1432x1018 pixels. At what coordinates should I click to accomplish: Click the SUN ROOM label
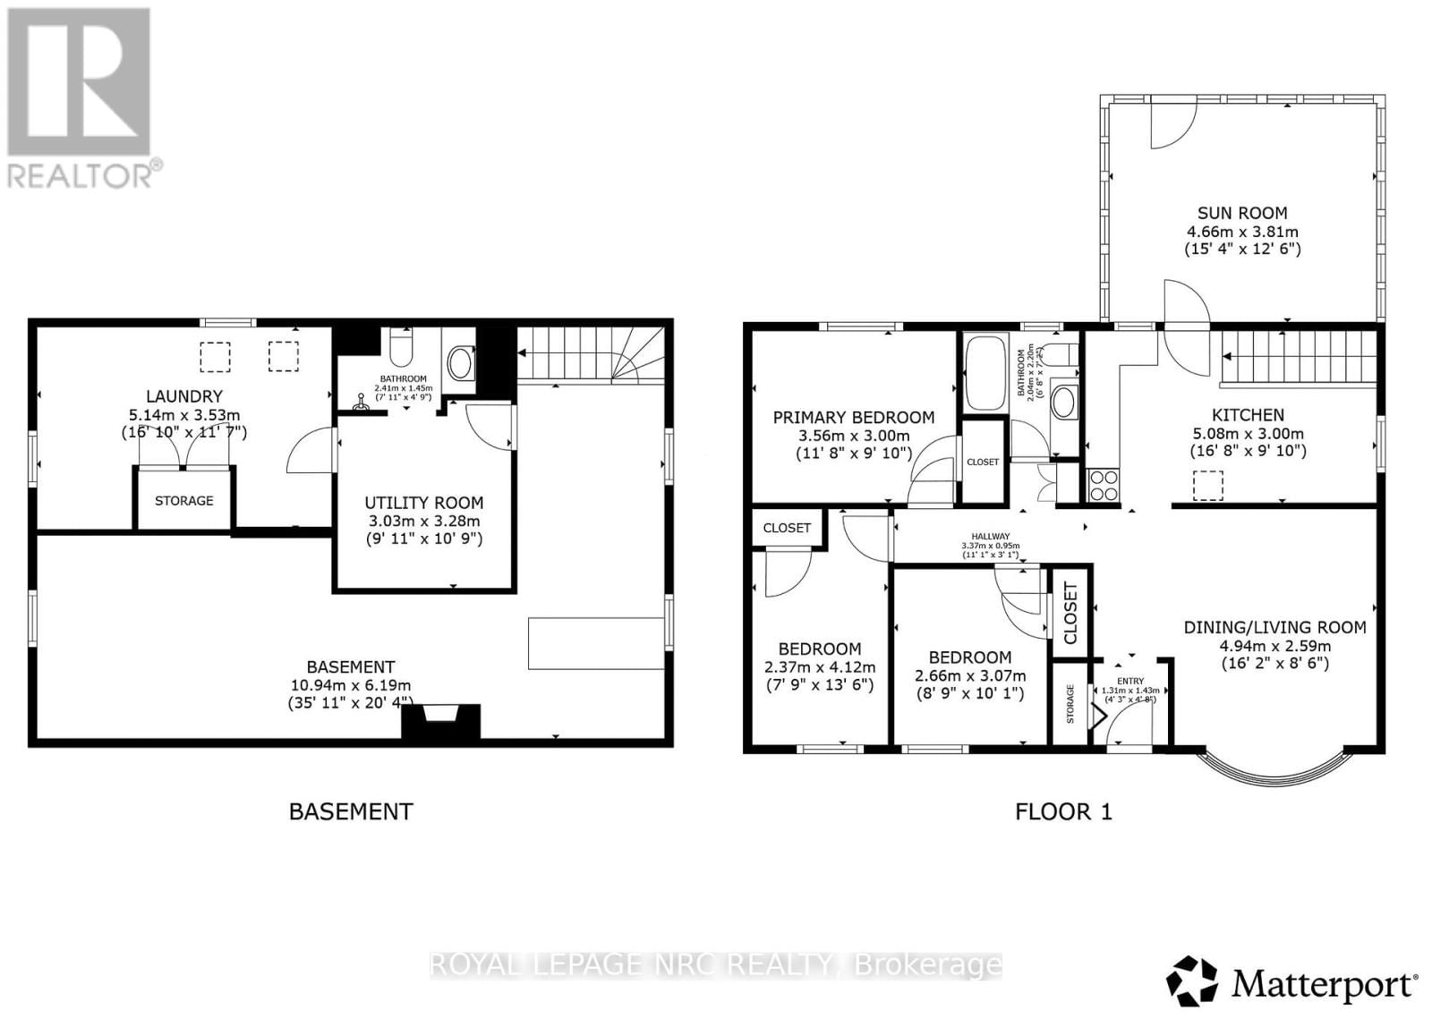(x=1242, y=213)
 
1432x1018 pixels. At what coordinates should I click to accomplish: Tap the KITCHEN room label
(x=1248, y=415)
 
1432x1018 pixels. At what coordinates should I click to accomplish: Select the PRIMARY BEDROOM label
(x=853, y=417)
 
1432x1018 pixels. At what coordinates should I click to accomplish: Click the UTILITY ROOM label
(x=423, y=503)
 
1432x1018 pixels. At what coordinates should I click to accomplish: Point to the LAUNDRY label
(x=184, y=396)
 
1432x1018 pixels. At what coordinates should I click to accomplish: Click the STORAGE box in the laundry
(x=184, y=500)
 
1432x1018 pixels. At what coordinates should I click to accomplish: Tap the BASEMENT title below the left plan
(x=351, y=811)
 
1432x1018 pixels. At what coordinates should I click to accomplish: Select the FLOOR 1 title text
(x=1063, y=811)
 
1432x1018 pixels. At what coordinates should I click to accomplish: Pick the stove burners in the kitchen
(x=1103, y=485)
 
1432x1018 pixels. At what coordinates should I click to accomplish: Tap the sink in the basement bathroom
(x=460, y=362)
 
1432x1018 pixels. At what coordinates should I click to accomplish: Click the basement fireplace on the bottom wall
(x=440, y=721)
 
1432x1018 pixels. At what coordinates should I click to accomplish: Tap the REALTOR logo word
(x=83, y=174)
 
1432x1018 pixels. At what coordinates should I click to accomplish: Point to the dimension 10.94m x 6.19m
(x=350, y=685)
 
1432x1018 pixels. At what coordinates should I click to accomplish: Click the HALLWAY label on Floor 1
(x=990, y=537)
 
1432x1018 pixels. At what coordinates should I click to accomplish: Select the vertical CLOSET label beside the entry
(x=1070, y=613)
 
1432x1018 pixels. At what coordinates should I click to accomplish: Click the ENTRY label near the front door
(x=1130, y=681)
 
